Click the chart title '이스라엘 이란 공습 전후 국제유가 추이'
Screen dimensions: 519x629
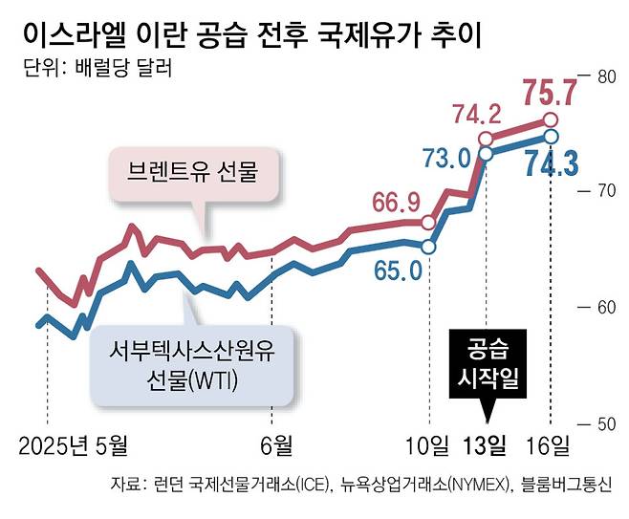tap(251, 34)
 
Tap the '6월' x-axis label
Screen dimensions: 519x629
tap(275, 444)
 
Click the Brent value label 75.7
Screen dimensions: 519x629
tap(553, 94)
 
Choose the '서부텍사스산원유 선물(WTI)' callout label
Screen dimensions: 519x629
tap(192, 366)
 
